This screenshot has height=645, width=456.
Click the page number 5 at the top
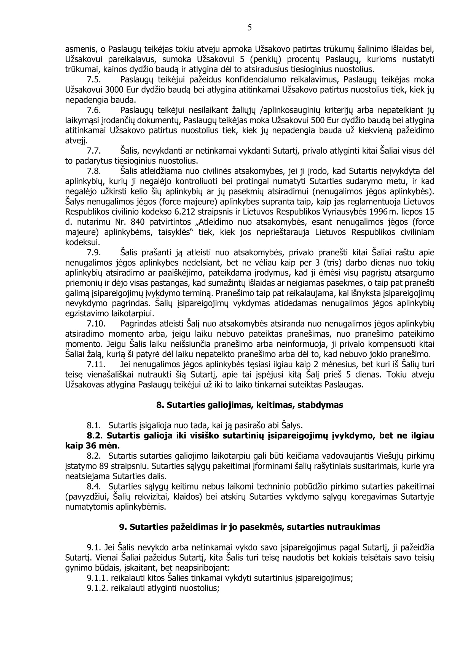249,28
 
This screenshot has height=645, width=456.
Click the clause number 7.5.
94,80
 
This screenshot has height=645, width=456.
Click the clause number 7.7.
94,151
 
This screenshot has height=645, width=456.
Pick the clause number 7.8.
94,171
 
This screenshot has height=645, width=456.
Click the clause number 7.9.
94,253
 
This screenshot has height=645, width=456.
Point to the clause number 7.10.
96,324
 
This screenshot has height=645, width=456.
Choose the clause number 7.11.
96,364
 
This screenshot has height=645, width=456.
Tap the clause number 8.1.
94,425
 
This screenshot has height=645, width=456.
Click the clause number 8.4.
94,486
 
